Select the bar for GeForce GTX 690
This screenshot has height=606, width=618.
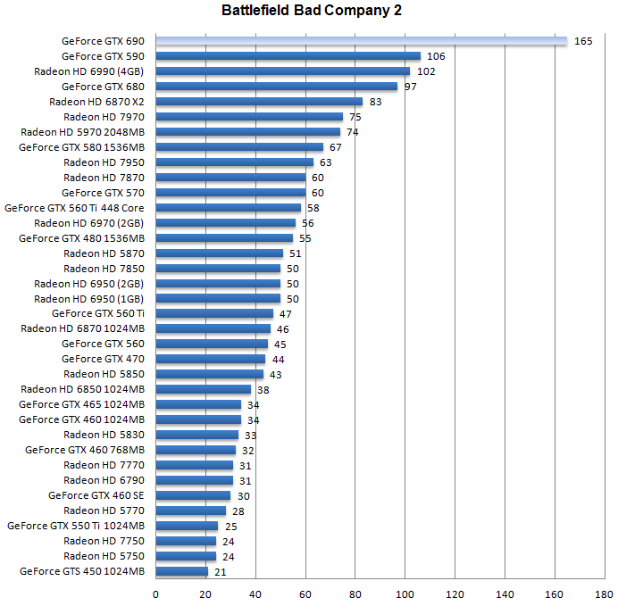pyautogui.click(x=362, y=41)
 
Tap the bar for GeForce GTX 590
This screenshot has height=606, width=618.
pyautogui.click(x=288, y=56)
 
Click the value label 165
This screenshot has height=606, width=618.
pyautogui.click(x=583, y=41)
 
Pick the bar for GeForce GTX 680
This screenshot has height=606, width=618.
pyautogui.click(x=277, y=87)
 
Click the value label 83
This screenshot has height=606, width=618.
pyautogui.click(x=376, y=102)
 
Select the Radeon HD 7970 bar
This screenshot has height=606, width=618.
pyautogui.click(x=249, y=117)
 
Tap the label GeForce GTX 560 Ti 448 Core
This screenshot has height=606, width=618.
pyautogui.click(x=75, y=208)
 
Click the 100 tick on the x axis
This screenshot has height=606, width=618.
pyautogui.click(x=406, y=594)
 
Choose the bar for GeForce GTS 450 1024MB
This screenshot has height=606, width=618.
pyautogui.click(x=182, y=571)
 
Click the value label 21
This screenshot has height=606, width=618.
pyautogui.click(x=221, y=571)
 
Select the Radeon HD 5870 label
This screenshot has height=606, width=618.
pyautogui.click(x=104, y=253)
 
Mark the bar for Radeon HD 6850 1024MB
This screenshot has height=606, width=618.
pyautogui.click(x=204, y=389)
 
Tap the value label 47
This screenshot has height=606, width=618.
pyautogui.click(x=286, y=314)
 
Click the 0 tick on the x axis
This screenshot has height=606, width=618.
pyautogui.click(x=156, y=594)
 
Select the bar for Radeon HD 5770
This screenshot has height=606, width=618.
pyautogui.click(x=191, y=511)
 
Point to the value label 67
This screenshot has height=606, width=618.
pyautogui.click(x=336, y=147)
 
